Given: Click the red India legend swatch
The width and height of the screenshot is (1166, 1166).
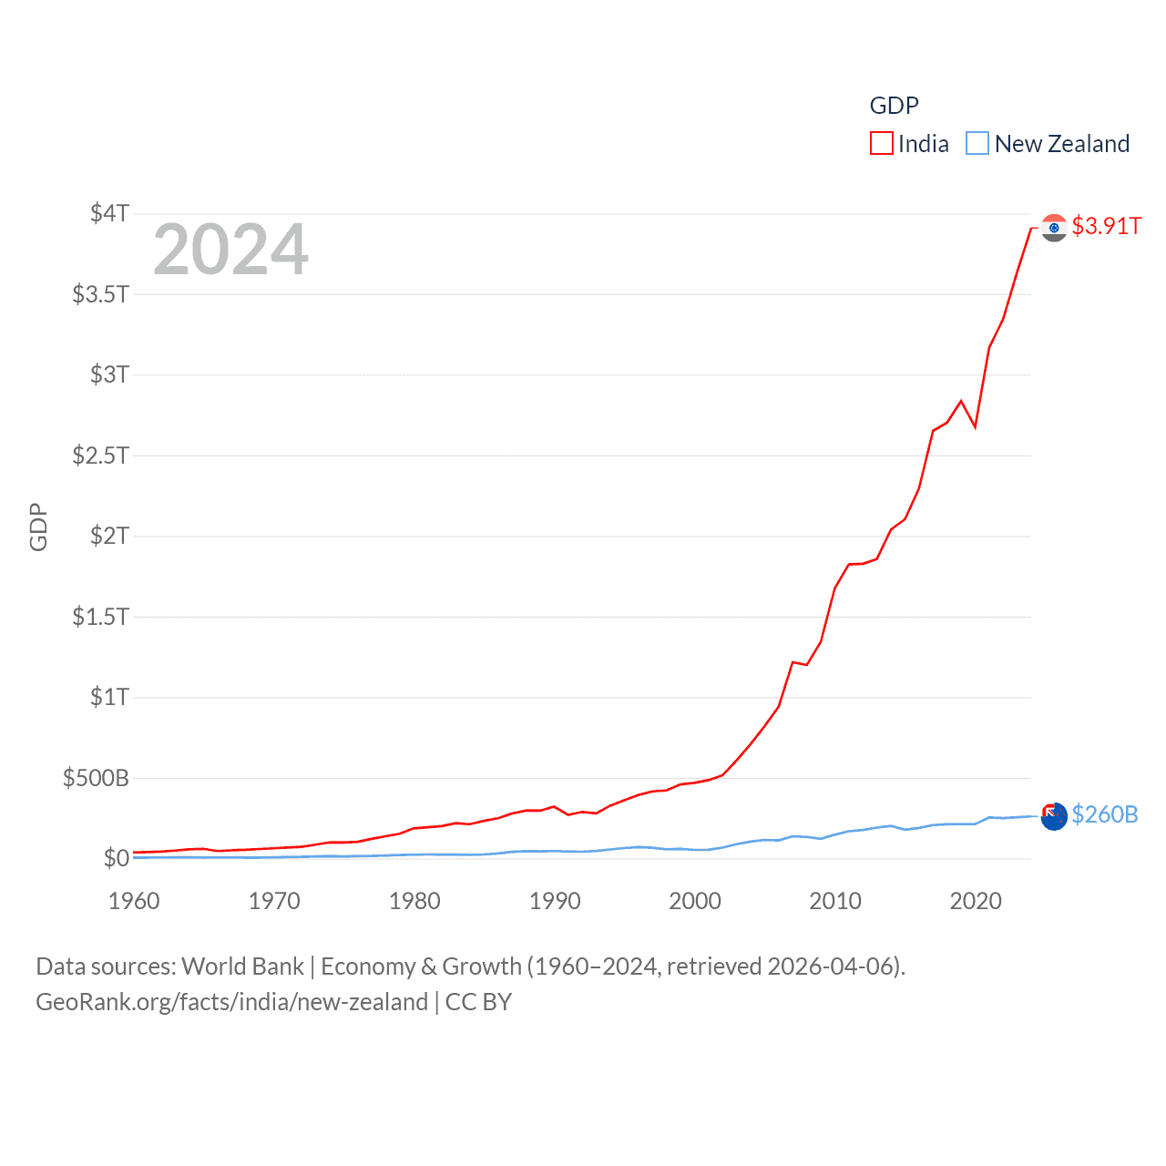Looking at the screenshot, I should click(x=881, y=144).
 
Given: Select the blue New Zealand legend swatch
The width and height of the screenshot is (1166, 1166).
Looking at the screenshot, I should click(x=977, y=144).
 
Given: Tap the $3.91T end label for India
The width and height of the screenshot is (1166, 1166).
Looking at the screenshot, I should click(x=1106, y=226).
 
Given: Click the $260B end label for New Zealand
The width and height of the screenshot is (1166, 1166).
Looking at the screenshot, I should click(x=1104, y=814).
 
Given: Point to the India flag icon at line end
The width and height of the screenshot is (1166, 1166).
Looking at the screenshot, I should click(x=1054, y=228).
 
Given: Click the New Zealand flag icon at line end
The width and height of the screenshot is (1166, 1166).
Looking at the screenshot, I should click(x=1054, y=816).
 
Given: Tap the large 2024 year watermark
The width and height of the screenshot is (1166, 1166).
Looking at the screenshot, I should click(x=230, y=250).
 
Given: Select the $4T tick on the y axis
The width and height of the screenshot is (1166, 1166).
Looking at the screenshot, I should click(x=109, y=213).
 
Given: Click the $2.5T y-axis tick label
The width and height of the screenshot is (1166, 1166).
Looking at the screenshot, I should click(x=100, y=455).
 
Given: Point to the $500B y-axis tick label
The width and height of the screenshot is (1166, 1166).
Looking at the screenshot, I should click(x=96, y=778).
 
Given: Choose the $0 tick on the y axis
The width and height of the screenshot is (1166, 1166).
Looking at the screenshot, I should click(x=116, y=858).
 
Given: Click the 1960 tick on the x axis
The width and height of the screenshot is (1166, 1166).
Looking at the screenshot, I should click(x=134, y=901).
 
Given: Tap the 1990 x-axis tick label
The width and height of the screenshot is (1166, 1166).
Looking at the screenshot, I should click(x=555, y=901).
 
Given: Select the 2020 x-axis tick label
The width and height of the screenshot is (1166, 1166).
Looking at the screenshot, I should click(x=976, y=901).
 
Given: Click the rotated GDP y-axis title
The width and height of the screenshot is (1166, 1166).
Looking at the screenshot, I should click(x=38, y=527).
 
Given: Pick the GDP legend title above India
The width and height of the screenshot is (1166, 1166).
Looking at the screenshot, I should click(x=894, y=106).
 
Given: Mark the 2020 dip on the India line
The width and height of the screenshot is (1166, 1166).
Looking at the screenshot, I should click(x=975, y=426).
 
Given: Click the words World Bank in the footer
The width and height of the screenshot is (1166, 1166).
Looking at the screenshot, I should click(x=242, y=967).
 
